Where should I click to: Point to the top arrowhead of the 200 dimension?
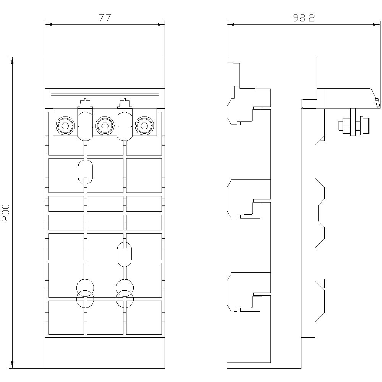point(13,60)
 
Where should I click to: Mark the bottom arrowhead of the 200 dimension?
point(13,365)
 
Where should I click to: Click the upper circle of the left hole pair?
point(85,287)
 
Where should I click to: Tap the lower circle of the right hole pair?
point(125,300)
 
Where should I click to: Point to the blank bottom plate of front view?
point(105,353)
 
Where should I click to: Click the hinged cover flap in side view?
point(350,97)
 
